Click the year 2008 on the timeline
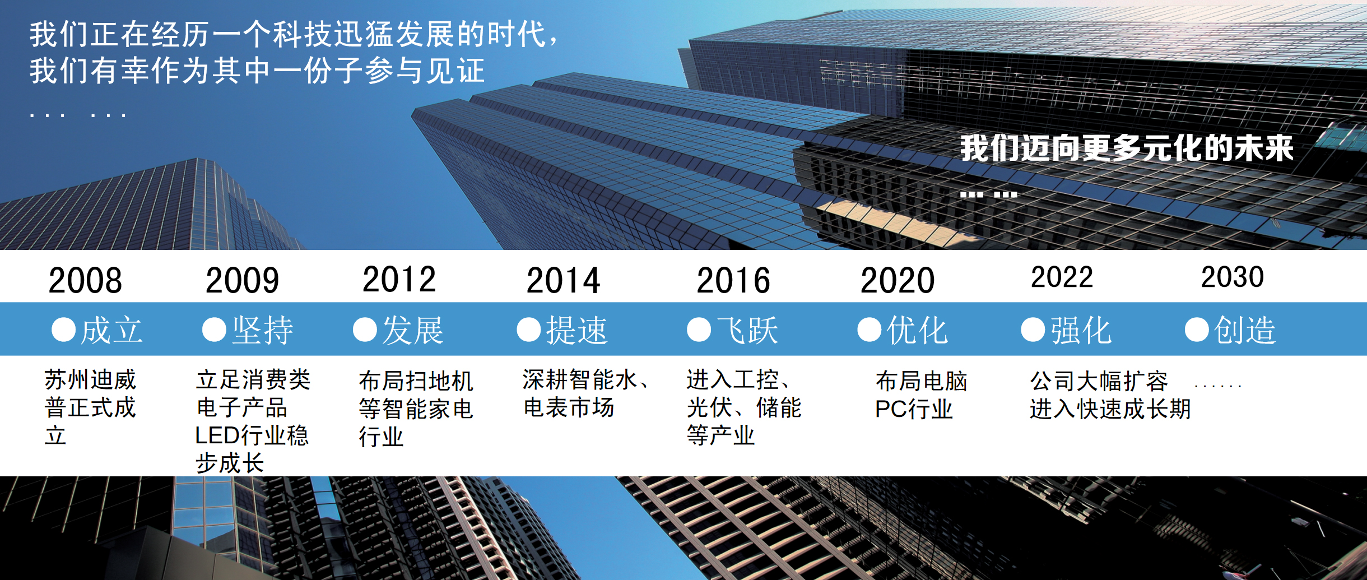click(85, 280)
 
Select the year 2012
click(399, 279)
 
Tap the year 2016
click(733, 280)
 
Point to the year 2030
click(1233, 277)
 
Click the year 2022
click(1062, 277)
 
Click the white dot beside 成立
click(63, 330)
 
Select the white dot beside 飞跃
click(699, 330)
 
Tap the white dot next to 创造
click(1197, 330)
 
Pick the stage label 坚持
click(263, 330)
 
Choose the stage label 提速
click(577, 330)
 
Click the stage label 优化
click(917, 330)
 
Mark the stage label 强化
click(1081, 330)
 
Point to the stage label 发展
click(413, 330)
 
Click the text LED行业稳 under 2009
click(252, 435)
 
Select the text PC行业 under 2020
click(914, 409)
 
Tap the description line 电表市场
click(569, 407)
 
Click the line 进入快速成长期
click(1110, 409)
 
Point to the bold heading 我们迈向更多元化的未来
click(1127, 148)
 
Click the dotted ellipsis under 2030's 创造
click(1218, 386)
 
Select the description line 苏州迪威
click(90, 379)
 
